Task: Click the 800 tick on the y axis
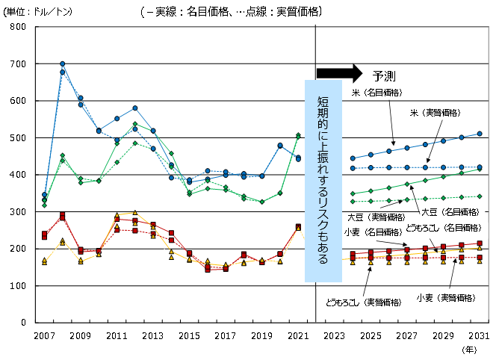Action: click(x=19, y=27)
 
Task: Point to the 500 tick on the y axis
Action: click(x=19, y=137)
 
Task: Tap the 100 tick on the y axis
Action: click(x=19, y=285)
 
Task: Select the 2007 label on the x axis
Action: click(x=44, y=336)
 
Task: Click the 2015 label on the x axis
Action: click(x=189, y=336)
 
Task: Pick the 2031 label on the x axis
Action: click(x=480, y=336)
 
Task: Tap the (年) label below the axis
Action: click(x=470, y=349)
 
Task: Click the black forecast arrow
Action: click(x=339, y=73)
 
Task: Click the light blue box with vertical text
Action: click(x=323, y=181)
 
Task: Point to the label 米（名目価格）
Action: click(x=377, y=93)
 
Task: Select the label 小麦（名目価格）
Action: click(x=370, y=232)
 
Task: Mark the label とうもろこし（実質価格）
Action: click(x=364, y=302)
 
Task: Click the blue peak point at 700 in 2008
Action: click(x=62, y=64)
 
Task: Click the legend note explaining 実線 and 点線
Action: click(x=230, y=11)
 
